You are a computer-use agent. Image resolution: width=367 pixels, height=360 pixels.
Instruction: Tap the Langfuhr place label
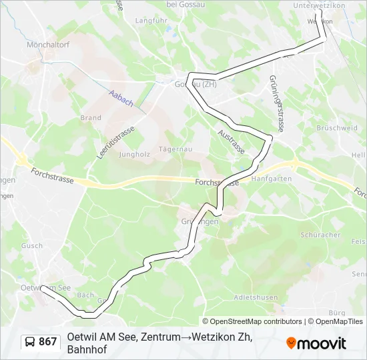151,21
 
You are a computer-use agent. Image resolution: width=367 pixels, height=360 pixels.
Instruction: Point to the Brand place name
91,118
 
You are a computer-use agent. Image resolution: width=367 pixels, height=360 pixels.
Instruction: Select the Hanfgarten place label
272,179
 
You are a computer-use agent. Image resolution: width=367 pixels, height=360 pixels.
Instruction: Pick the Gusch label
31,246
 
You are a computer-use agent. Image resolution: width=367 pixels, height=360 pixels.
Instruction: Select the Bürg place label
337,313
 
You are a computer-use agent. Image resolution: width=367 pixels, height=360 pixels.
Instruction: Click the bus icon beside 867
30,342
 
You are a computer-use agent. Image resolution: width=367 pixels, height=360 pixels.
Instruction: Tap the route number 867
48,342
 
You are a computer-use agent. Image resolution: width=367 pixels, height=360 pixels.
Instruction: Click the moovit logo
316,343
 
